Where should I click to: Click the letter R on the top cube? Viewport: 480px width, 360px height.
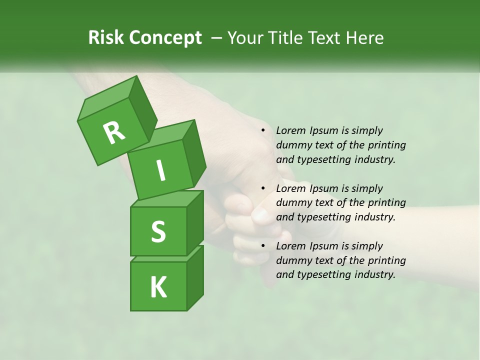[114, 132]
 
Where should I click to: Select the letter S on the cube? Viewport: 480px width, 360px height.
[158, 231]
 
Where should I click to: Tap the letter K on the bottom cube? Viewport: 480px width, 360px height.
[158, 287]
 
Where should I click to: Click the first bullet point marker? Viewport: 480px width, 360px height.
[263, 131]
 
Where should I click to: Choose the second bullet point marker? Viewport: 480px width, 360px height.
[263, 188]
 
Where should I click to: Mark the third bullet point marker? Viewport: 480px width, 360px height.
[263, 246]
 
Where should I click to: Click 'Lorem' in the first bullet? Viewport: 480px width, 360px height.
[290, 130]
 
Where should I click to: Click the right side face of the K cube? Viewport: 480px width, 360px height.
[195, 277]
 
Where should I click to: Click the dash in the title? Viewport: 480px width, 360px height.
[217, 38]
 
